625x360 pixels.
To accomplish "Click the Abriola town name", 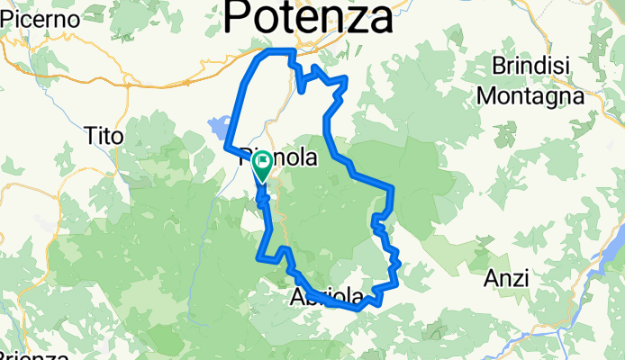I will click(x=328, y=298).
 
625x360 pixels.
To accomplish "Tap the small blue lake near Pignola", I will click(x=219, y=126).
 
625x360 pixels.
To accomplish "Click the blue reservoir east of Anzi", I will click(x=606, y=261).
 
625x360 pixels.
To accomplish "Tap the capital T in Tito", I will click(x=90, y=136).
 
